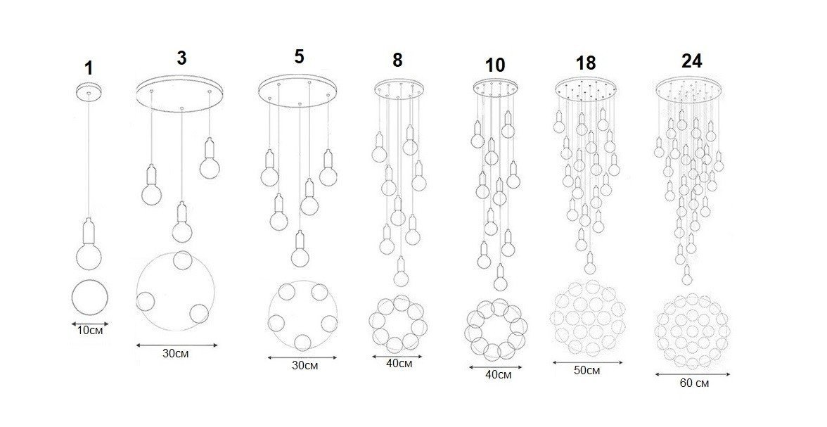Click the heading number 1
pos(89,68)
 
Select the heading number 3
pos(181,58)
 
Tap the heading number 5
pos(299,56)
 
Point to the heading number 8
pos(397,60)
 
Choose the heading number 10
pos(495,65)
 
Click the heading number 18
pos(586,63)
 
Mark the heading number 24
pos(691,61)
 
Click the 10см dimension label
pos(90,331)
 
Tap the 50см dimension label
pos(586,371)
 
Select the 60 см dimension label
pos(694,383)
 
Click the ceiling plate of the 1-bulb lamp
pos(89,91)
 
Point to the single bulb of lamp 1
pos(89,246)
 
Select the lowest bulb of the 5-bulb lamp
pos(300,250)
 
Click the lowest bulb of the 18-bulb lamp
pos(589,263)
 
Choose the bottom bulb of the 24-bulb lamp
pos(686,276)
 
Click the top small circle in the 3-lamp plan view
pos(183,260)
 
